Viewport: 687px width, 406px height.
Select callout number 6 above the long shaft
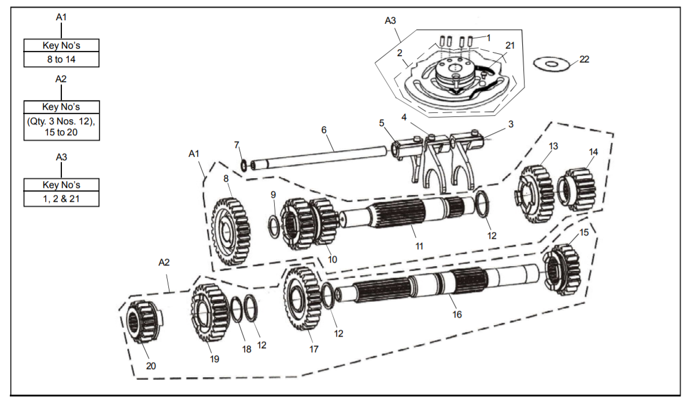[x=324, y=130]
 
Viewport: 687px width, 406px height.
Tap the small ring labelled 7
[x=244, y=165]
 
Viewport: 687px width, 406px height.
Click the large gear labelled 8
[x=231, y=231]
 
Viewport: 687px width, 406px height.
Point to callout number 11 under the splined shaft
[x=419, y=246]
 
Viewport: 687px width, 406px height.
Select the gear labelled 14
[x=578, y=190]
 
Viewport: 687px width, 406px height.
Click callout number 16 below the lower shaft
[x=457, y=315]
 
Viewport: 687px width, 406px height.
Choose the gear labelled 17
[x=302, y=298]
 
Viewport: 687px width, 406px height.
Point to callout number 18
[x=247, y=349]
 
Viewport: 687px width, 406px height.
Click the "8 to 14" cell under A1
[x=61, y=60]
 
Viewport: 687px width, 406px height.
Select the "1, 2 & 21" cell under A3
[x=61, y=199]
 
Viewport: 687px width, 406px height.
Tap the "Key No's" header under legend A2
[x=61, y=107]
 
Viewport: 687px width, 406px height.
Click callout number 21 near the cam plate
[x=510, y=46]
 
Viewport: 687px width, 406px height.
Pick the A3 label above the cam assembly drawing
[x=390, y=21]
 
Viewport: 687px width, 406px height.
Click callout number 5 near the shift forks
[x=382, y=123]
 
